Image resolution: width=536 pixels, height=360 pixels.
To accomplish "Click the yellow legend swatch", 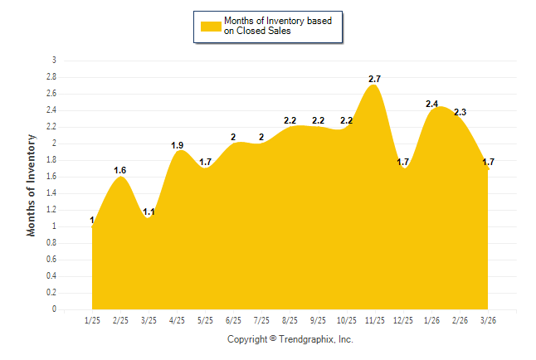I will (x=211, y=26).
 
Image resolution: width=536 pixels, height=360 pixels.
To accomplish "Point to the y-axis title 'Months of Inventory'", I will (x=32, y=185).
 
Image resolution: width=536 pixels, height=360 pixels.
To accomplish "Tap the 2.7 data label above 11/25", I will (x=375, y=79).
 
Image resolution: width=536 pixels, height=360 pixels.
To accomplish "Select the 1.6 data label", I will (x=120, y=170).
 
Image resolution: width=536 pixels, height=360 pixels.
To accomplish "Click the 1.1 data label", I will (x=149, y=212).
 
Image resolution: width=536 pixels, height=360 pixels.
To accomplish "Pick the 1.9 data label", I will (x=178, y=145).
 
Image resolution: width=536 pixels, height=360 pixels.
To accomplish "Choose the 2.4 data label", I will (x=432, y=104).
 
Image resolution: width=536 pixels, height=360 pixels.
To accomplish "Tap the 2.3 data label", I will (x=460, y=112).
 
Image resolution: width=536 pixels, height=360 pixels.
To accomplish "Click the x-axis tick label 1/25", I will (x=92, y=320).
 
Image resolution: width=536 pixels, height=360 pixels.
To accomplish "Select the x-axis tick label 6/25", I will (x=233, y=320).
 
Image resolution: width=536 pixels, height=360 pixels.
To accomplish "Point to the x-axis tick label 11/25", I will (x=375, y=320).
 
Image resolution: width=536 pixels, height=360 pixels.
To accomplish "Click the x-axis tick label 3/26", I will (x=488, y=320).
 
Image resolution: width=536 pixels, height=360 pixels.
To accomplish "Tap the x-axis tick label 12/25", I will (x=403, y=320).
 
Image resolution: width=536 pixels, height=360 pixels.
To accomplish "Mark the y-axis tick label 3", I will (x=55, y=61).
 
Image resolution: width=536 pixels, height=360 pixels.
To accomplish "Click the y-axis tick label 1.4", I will (x=51, y=193).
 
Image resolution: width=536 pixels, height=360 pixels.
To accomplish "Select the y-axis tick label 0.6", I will (x=51, y=260).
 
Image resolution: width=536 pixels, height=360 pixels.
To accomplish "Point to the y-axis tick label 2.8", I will (x=51, y=77).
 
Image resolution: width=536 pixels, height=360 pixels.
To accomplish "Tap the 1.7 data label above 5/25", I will (x=206, y=162).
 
